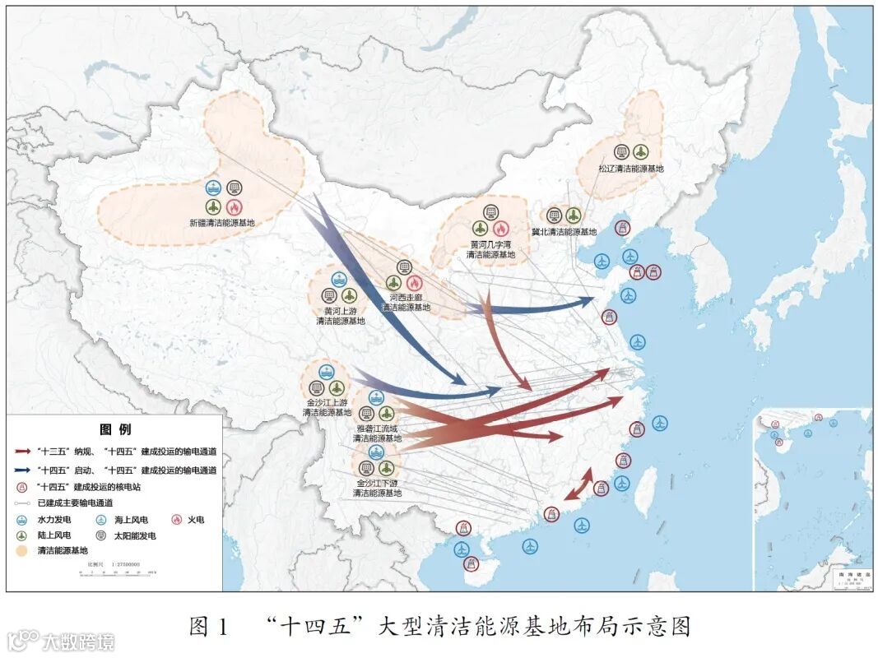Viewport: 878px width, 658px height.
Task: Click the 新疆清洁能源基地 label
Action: pos(221,223)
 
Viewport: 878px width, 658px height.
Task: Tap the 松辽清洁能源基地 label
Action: pos(630,169)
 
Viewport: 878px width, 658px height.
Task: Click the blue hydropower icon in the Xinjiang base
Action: pos(213,188)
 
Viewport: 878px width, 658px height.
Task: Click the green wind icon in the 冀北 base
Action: pos(574,215)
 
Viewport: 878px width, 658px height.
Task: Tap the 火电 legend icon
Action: pos(176,520)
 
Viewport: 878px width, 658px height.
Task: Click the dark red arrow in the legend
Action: pos(23,452)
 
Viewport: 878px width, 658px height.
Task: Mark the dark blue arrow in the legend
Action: pos(23,470)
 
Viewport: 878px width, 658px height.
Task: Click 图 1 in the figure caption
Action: pos(207,627)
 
